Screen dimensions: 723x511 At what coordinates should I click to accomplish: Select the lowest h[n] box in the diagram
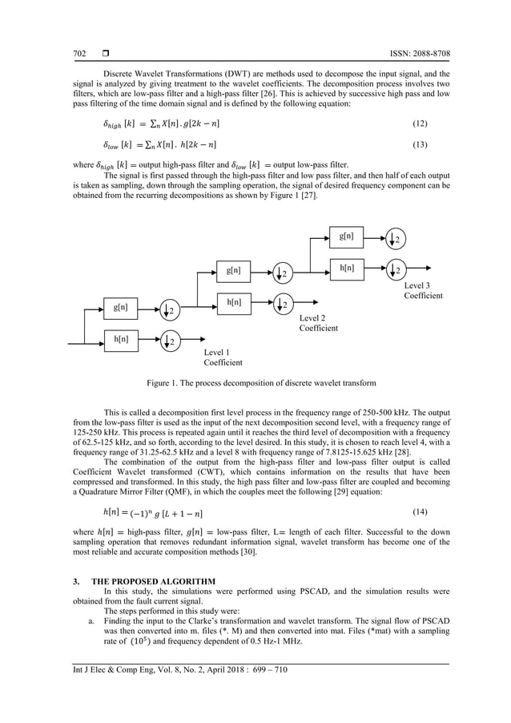(122, 340)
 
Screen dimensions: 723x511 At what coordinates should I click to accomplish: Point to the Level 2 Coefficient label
(318, 323)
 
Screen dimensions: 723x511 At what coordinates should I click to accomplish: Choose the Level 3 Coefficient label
(422, 290)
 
